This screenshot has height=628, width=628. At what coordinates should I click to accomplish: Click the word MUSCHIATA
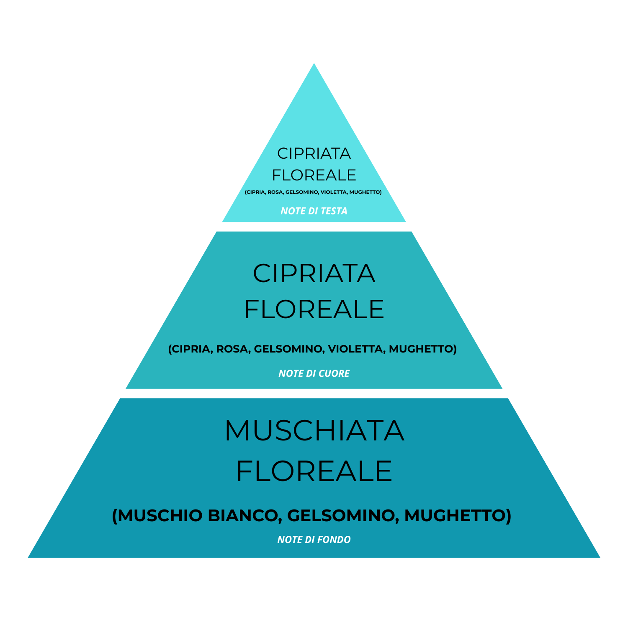(x=314, y=430)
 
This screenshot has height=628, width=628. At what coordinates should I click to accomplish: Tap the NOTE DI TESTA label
(x=314, y=211)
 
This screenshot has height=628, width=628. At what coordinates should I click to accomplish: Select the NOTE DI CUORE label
(x=314, y=373)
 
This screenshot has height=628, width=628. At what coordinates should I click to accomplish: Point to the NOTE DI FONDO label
(x=314, y=540)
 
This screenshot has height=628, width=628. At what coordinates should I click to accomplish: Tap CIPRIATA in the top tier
(x=314, y=154)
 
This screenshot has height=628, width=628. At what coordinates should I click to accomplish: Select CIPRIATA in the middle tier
(x=314, y=273)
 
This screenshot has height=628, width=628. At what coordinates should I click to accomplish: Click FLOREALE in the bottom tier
(x=314, y=471)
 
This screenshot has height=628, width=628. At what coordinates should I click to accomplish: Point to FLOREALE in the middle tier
(x=314, y=309)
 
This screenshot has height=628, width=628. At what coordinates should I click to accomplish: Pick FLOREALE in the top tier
(x=314, y=175)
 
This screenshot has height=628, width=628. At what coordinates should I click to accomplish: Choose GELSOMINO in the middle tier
(x=288, y=349)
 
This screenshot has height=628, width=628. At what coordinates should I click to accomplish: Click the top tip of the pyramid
(x=314, y=63)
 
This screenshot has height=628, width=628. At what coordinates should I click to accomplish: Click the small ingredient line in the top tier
(x=313, y=192)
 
